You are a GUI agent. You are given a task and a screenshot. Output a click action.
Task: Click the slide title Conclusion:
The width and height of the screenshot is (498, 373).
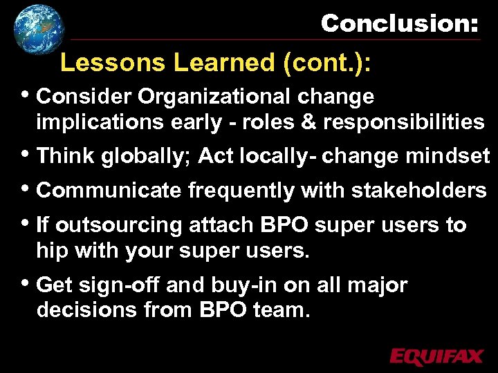399,23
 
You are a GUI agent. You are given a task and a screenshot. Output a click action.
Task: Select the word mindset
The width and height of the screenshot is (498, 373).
452,156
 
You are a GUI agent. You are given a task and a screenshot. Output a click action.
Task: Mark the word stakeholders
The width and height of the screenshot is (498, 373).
418,191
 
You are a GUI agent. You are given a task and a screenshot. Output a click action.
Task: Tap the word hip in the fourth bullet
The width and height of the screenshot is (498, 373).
52,251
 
